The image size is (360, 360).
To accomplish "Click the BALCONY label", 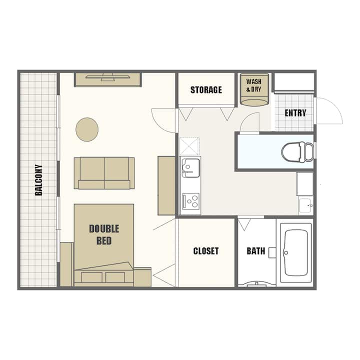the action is click(39, 180).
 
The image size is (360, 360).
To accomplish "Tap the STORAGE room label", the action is click(206, 90).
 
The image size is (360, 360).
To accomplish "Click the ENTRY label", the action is click(295, 112).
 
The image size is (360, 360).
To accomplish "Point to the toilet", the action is click(297, 152).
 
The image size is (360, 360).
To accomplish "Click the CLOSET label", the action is click(206, 251).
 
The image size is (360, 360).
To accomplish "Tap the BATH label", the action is click(256, 251).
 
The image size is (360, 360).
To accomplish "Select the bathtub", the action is click(295, 252).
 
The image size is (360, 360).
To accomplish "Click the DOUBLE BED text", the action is click(104, 234).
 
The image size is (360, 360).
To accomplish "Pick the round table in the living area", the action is click(87, 129).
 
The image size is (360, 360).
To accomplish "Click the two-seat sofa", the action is click(104, 173).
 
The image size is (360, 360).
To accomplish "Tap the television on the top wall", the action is click(107, 77).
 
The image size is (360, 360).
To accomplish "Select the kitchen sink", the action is click(190, 168).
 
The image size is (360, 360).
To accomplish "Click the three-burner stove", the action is click(191, 201).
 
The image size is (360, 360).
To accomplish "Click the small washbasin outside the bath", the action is click(306, 205).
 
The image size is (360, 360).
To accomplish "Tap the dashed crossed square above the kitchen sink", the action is click(189, 146).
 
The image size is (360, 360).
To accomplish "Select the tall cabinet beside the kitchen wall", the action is click(166, 185).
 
